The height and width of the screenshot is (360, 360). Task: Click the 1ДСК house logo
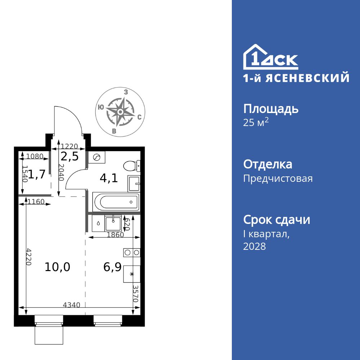(x=270, y=58)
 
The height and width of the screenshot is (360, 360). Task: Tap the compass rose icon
(x=121, y=112)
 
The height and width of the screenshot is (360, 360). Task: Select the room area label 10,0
(x=58, y=267)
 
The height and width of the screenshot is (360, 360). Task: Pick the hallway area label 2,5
(x=69, y=157)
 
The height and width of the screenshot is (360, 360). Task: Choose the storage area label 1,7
(x=37, y=175)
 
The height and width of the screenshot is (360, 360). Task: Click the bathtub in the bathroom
(x=116, y=202)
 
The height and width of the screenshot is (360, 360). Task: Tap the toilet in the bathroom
(x=131, y=166)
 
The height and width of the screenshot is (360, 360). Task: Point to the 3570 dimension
(x=136, y=293)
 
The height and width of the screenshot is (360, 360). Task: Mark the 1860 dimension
(x=115, y=235)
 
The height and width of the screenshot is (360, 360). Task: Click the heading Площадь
(x=271, y=109)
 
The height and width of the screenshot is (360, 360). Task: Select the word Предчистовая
(x=278, y=178)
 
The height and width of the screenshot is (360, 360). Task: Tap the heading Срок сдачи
(x=276, y=220)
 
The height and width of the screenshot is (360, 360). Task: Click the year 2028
(x=255, y=247)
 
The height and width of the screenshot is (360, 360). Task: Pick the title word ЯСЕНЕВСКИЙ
(x=307, y=78)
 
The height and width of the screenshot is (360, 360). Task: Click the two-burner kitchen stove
(x=131, y=252)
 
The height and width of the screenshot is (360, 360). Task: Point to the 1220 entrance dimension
(x=69, y=146)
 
